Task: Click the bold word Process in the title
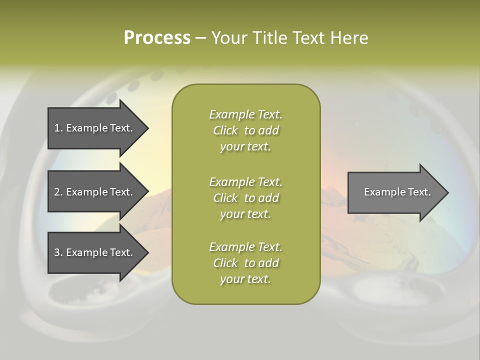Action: click(157, 38)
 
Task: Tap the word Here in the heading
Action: click(349, 38)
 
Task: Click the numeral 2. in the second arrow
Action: click(58, 192)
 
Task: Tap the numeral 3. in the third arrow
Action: click(58, 252)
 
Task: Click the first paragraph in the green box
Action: click(245, 130)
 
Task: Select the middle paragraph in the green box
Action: click(245, 198)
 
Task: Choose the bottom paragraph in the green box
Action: click(245, 263)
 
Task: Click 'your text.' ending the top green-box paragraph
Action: click(245, 147)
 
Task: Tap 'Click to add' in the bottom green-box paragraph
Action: click(245, 263)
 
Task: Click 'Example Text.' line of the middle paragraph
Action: click(245, 181)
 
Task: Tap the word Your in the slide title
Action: click(230, 38)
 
